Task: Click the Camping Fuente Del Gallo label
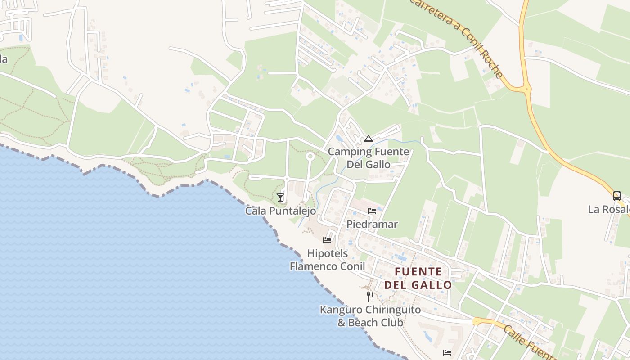pos(368,158)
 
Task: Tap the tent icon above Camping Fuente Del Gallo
pos(369,139)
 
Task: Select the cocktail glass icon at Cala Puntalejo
pos(280,197)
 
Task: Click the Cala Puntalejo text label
pos(280,211)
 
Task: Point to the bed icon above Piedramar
pos(372,211)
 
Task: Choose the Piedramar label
pos(372,224)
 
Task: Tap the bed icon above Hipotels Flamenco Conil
pos(327,240)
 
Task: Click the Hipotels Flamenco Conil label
pos(327,260)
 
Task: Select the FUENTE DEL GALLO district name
pos(418,278)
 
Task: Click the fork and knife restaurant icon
pos(370,296)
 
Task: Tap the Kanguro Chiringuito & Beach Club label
pos(370,316)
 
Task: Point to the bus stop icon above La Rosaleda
pos(616,196)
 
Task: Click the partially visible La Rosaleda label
pos(609,210)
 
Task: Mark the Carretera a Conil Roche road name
pos(457,38)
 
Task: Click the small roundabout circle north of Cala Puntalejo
pos(310,156)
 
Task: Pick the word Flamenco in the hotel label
pos(313,266)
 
